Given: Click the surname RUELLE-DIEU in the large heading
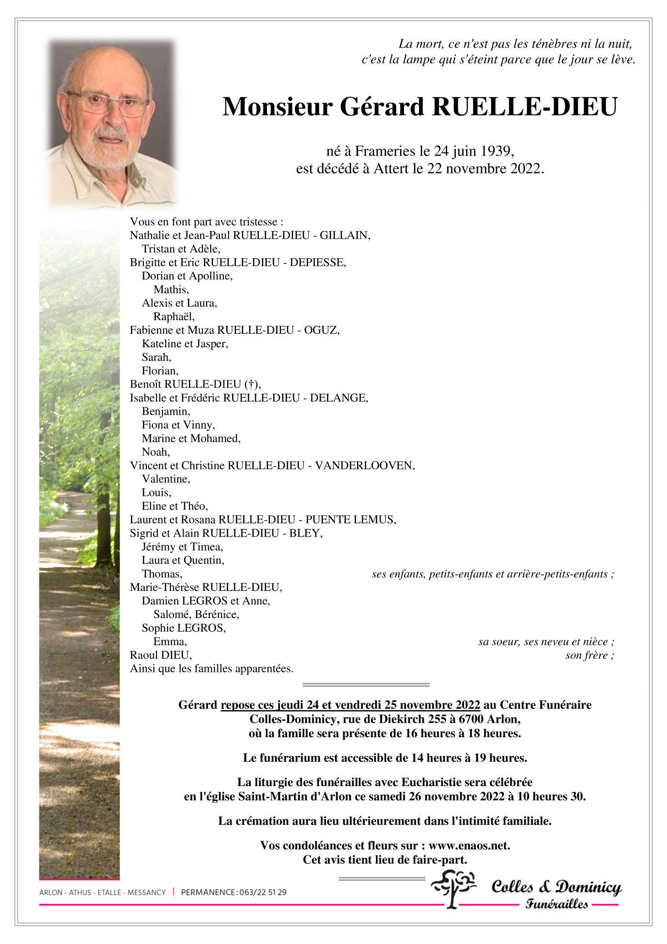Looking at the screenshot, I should (x=525, y=107).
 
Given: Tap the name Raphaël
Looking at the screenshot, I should (x=173, y=317).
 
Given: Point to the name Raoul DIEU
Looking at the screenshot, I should (x=160, y=655).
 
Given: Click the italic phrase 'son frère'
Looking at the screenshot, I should (x=587, y=656).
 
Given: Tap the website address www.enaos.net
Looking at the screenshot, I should (x=469, y=846).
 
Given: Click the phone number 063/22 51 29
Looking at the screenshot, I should (x=263, y=892).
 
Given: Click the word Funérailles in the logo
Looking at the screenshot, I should (x=557, y=904).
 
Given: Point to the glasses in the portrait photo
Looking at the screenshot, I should (x=108, y=103).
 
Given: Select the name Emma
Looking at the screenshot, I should (x=169, y=642).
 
